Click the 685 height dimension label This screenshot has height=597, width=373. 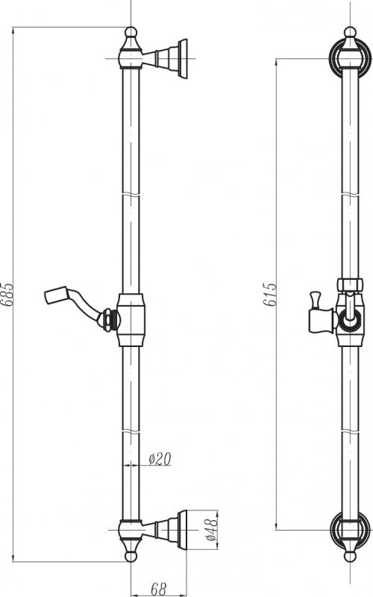pyautogui.click(x=7, y=294)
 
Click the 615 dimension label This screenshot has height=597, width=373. pyautogui.click(x=270, y=294)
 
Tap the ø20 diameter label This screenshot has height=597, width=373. pyautogui.click(x=160, y=459)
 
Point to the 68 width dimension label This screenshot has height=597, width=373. pyautogui.click(x=158, y=590)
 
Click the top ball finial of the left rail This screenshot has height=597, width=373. pyautogui.click(x=131, y=32)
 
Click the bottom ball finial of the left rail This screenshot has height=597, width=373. pyautogui.click(x=131, y=556)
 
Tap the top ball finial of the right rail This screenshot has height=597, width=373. pyautogui.click(x=350, y=32)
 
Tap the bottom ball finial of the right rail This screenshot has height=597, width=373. pyautogui.click(x=350, y=556)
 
